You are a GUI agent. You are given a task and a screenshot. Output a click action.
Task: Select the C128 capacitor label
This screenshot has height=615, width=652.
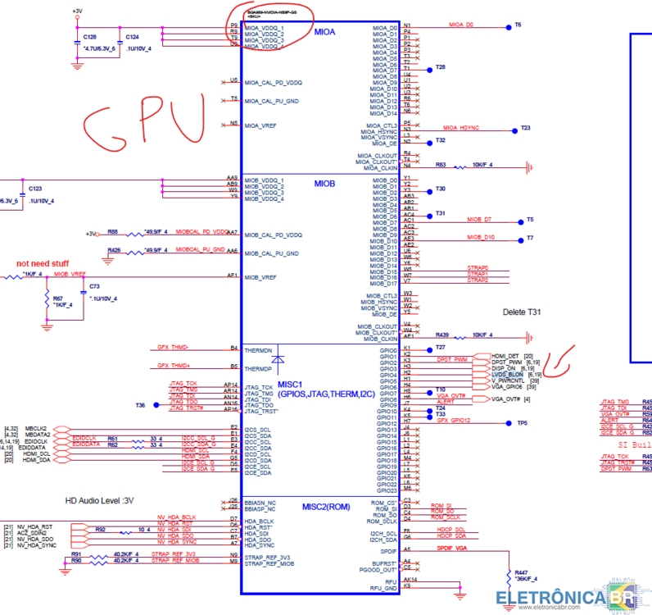point(90,38)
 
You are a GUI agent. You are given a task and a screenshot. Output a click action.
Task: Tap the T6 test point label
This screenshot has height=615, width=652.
point(518,25)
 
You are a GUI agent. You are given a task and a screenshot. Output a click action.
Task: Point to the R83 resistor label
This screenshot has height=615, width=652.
point(441,165)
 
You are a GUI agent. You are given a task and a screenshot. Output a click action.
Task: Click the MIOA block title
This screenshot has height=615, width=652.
point(324,32)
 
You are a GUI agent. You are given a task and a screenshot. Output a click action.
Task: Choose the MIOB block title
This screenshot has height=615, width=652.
point(324,184)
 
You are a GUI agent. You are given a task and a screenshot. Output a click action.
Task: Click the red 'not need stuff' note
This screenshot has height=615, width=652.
point(43,263)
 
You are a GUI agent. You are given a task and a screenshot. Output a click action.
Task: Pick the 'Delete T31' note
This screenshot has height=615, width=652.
point(522,312)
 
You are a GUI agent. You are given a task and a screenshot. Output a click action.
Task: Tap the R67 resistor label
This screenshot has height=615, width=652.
point(57,298)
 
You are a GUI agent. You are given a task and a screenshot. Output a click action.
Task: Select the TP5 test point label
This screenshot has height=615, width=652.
point(523,423)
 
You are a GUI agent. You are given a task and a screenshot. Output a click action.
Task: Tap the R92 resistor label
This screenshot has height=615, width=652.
point(101,530)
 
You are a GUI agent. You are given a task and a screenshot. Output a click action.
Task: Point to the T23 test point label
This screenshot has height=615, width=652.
point(526,128)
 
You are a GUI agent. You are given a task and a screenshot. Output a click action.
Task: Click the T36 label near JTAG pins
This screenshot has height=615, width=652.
point(140,405)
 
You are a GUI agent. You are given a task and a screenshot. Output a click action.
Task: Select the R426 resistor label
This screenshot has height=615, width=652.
point(114,249)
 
